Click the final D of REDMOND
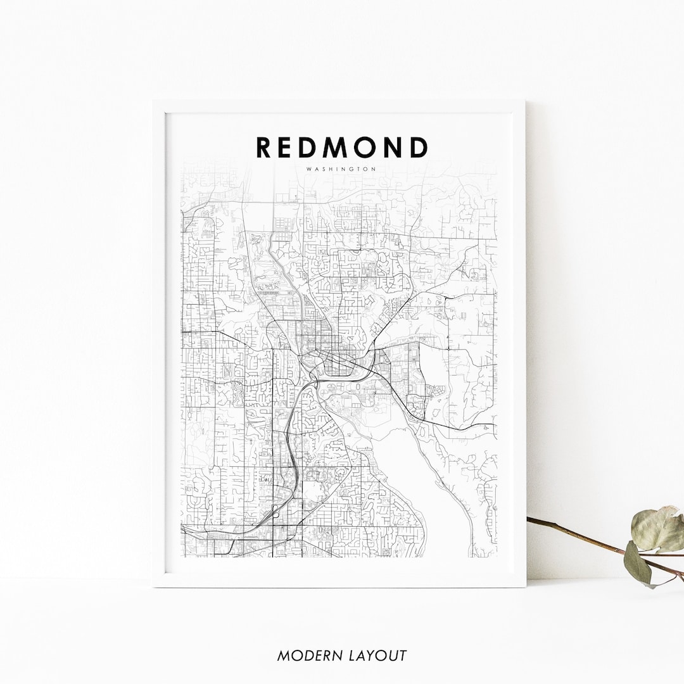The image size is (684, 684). (x=419, y=147)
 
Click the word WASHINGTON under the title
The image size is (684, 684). (x=341, y=169)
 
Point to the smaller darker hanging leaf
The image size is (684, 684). (x=638, y=562)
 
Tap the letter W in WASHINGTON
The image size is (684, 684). (x=308, y=169)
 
